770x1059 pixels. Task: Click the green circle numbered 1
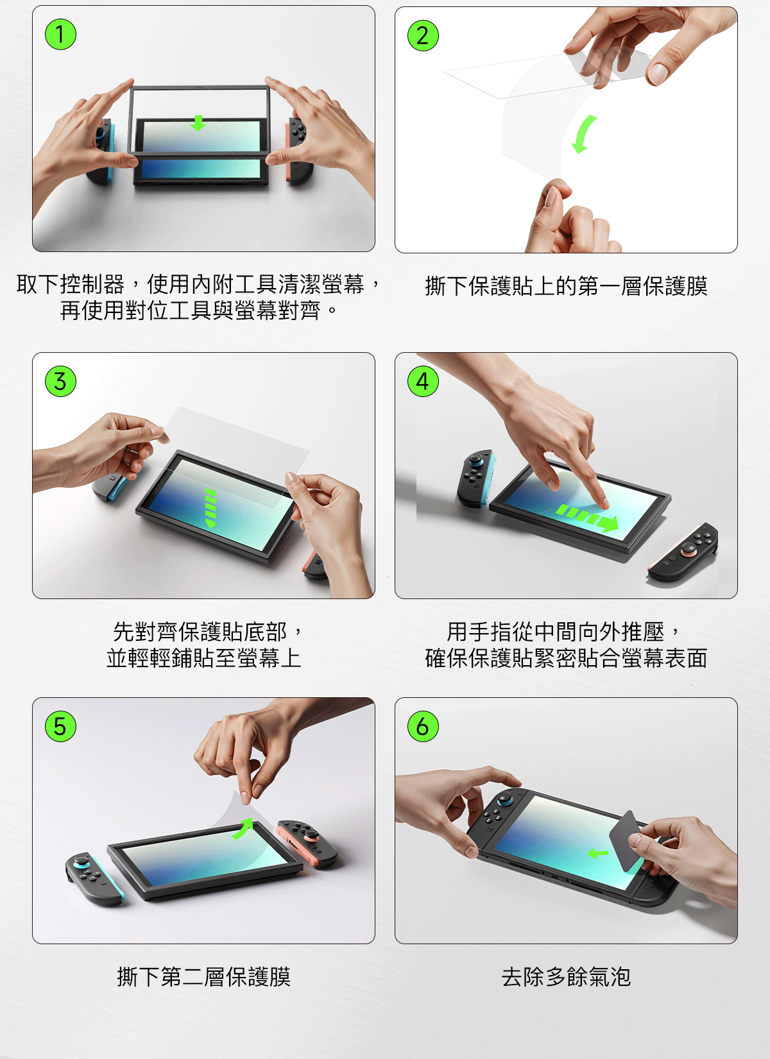(x=60, y=35)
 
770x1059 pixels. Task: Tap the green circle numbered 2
(x=423, y=35)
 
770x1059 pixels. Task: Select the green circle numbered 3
(x=60, y=381)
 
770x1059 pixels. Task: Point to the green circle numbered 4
(x=423, y=381)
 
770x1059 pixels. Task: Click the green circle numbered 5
(x=60, y=726)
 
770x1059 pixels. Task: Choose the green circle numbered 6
(x=423, y=726)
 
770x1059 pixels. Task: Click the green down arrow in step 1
(x=198, y=123)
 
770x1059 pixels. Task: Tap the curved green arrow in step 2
(x=582, y=134)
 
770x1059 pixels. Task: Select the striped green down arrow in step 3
(x=210, y=509)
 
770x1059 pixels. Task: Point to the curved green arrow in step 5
(x=244, y=828)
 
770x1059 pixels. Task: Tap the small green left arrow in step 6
(x=598, y=854)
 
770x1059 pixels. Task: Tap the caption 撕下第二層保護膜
(x=204, y=977)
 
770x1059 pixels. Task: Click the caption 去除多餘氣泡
(x=566, y=977)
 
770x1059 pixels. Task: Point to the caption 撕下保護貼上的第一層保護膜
(x=566, y=286)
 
